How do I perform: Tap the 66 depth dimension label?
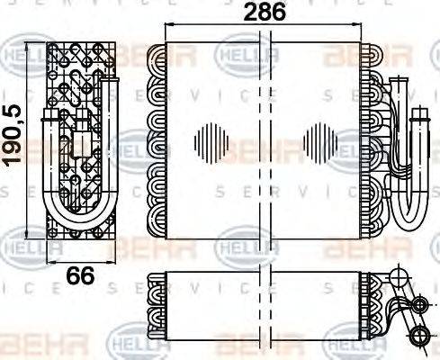click(x=80, y=275)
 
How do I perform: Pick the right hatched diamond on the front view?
click(x=320, y=141)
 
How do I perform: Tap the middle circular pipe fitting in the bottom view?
click(x=418, y=307)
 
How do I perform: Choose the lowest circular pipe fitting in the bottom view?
click(x=418, y=337)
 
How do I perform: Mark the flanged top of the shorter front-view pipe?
click(x=420, y=110)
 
